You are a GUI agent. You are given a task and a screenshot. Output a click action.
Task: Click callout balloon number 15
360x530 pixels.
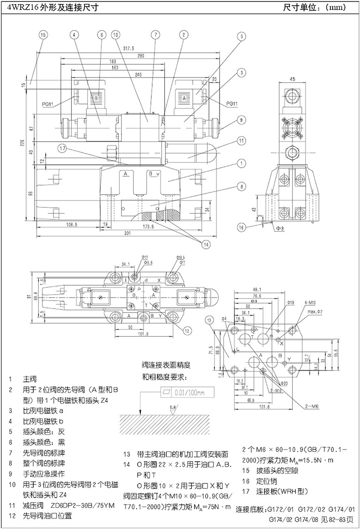click(43, 35)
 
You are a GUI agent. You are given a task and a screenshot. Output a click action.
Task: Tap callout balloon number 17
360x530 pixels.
click(62, 148)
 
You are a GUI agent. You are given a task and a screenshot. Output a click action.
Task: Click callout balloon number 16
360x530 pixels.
click(242, 226)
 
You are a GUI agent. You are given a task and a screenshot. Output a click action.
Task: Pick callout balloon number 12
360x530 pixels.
click(187, 330)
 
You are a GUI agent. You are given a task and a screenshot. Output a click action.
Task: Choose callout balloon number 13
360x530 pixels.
click(209, 320)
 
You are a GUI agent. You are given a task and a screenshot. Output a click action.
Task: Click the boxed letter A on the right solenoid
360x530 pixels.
click(184, 98)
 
